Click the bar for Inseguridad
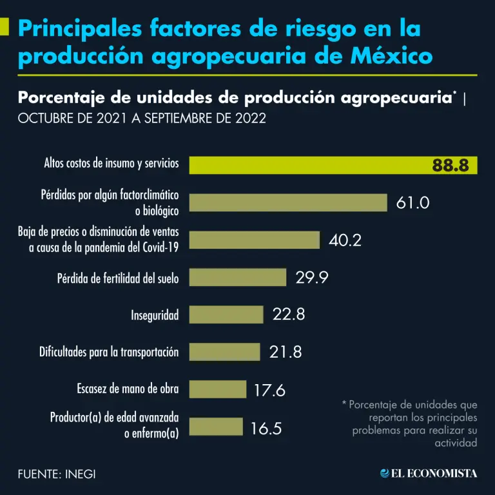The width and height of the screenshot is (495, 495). point(226,315)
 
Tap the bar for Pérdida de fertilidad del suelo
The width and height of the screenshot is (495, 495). point(237,278)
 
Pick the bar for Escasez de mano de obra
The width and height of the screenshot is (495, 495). point(217,389)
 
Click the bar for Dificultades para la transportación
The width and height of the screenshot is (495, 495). point(224,352)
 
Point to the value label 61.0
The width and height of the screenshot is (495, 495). point(412,202)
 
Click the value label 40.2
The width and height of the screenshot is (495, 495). point(345,240)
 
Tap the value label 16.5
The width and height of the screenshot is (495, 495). point(266,427)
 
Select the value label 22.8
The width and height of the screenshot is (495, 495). point(289,315)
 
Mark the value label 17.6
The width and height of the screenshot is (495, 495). point(269,390)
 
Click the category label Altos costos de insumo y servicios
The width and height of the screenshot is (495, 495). point(112,164)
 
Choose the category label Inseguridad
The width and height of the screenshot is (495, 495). point(155,315)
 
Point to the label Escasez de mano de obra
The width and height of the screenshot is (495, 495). point(128,389)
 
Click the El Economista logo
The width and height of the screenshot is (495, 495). point(429,473)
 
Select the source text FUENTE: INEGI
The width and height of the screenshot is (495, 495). point(57,474)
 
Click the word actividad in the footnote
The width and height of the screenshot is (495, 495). point(456,443)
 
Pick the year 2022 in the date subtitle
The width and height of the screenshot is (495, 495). point(248,120)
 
